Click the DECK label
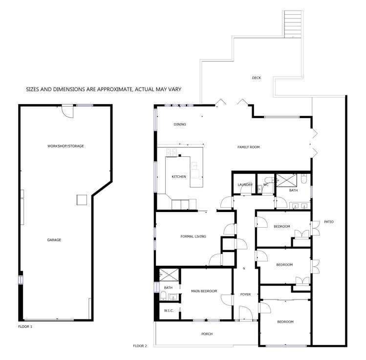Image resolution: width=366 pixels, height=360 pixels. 256,78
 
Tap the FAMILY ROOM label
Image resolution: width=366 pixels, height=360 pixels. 248,147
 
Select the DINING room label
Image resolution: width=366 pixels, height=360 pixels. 180,125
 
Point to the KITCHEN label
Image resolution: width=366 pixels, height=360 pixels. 178,176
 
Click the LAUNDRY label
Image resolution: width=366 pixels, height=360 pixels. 245,185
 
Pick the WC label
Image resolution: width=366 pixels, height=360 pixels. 266,185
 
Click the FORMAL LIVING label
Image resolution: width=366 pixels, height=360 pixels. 193,236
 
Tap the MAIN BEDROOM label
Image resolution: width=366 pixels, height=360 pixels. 204,291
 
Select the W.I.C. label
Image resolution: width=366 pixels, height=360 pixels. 169,310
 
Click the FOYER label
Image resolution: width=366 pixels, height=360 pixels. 245,295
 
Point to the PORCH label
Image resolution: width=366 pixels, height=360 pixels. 207,334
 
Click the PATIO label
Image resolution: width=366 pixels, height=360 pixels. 329,222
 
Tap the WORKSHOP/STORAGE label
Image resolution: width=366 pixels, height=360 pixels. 62,146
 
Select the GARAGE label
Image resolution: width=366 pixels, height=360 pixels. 54,240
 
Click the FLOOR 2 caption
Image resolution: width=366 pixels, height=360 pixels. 140,346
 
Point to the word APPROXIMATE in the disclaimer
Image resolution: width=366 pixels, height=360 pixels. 108,89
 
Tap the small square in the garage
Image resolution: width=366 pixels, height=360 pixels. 82,200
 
